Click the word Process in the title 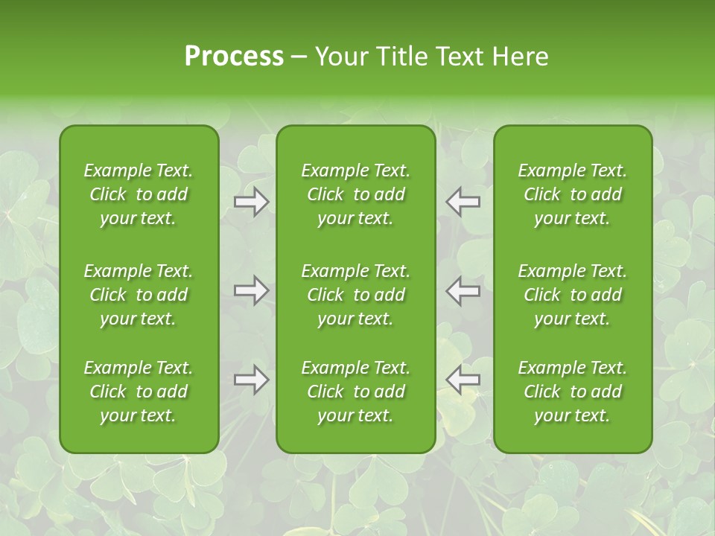[234, 57]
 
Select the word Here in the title [520, 57]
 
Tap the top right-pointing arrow [251, 202]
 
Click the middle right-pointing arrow [251, 290]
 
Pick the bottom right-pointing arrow [251, 380]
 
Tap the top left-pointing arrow [463, 202]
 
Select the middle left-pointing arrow [463, 290]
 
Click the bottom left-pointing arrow [463, 380]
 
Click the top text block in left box [139, 194]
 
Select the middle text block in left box [139, 295]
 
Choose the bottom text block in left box [139, 392]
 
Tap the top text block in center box [355, 194]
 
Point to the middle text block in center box [355, 295]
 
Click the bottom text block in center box [355, 392]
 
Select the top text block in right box [572, 194]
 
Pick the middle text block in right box [572, 295]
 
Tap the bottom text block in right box [572, 392]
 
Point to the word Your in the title [340, 57]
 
